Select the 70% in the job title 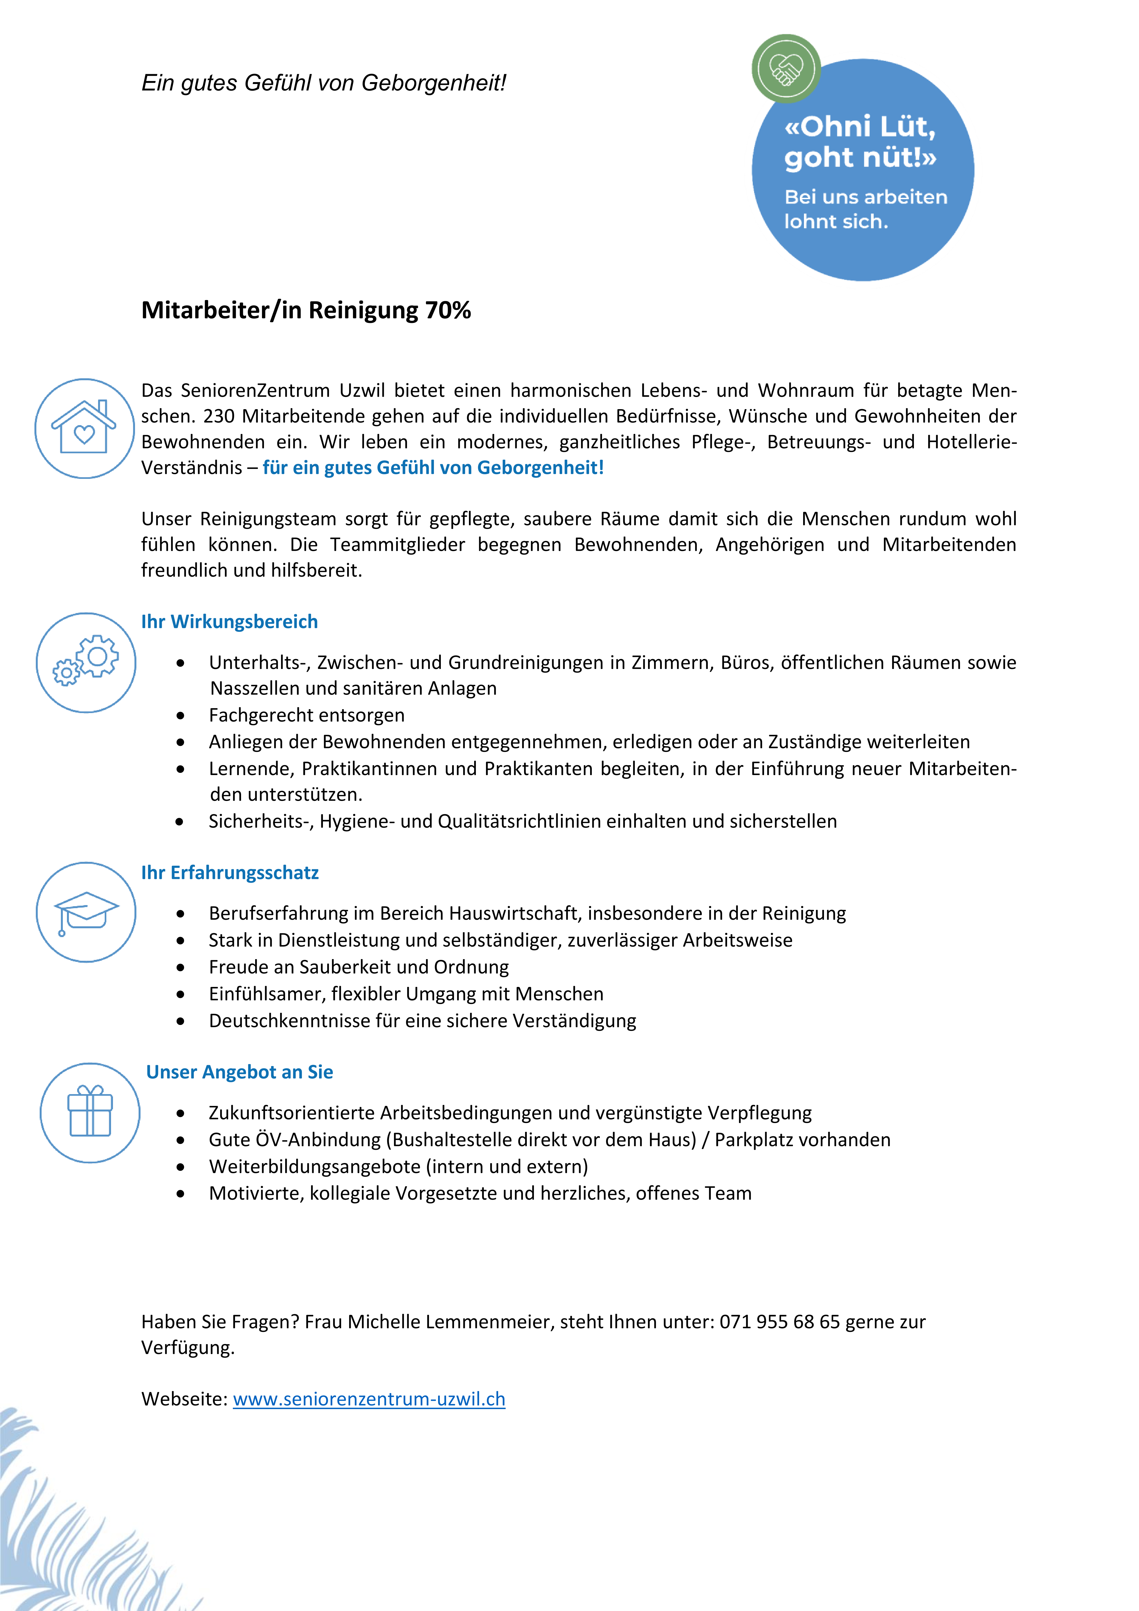point(448,310)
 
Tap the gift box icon point(90,1112)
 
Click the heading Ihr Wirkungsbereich point(230,622)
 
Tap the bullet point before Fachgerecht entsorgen point(180,716)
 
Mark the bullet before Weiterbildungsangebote point(180,1167)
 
